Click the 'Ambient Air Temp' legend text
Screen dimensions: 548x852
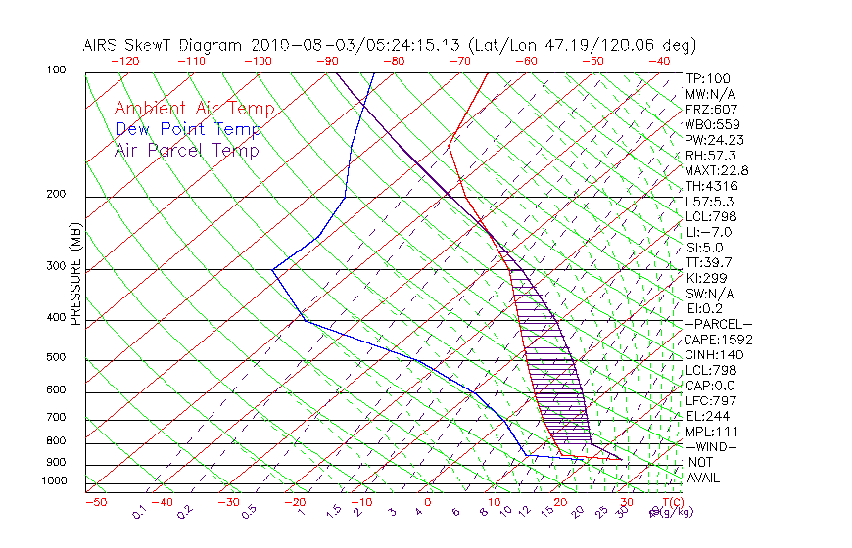(x=194, y=109)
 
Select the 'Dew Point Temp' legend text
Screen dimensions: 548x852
(x=188, y=129)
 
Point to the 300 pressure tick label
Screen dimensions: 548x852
(x=55, y=266)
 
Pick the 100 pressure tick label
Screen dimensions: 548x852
(x=55, y=70)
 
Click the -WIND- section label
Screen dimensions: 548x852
(x=712, y=446)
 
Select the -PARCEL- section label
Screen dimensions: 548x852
(x=718, y=324)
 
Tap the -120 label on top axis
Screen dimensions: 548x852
(x=124, y=60)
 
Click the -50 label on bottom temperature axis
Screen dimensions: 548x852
(x=95, y=502)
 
